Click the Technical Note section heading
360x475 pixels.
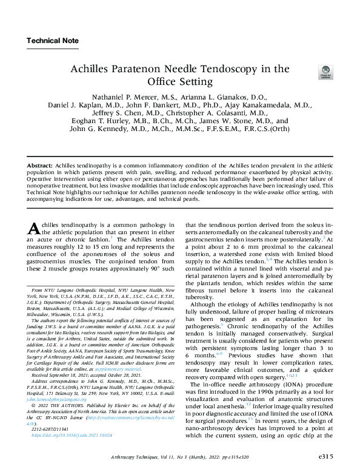[52, 41]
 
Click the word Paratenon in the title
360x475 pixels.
[159, 69]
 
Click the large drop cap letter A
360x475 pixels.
[35, 229]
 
